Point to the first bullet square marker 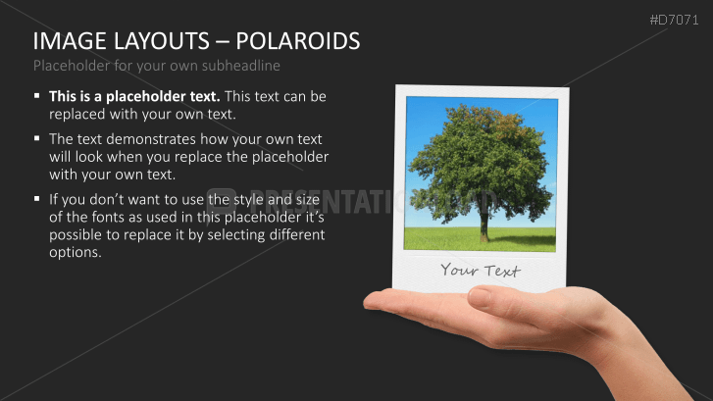(x=36, y=97)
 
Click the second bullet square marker (x=36, y=140)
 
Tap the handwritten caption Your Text (x=480, y=271)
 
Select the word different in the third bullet (x=293, y=236)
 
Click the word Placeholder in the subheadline (x=72, y=66)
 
